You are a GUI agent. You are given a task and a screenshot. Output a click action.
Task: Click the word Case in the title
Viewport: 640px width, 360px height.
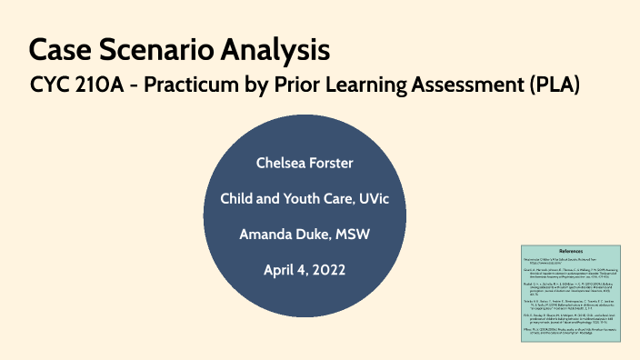tap(59, 48)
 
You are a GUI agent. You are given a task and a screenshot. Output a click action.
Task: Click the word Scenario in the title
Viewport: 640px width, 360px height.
tap(152, 48)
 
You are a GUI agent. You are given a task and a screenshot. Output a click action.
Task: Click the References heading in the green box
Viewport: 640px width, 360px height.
tap(571, 251)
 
